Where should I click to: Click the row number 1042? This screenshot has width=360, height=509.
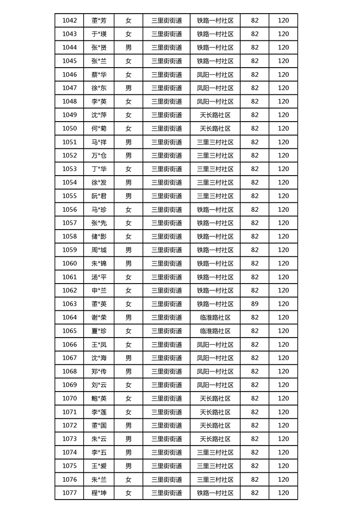point(69,20)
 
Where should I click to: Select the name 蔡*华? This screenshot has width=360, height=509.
point(99,74)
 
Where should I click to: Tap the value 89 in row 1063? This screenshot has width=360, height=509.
point(255,304)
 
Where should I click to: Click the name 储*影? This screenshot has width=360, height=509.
point(99,236)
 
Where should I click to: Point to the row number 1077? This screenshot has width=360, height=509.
point(69,493)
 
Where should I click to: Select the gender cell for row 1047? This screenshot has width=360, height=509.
point(128,88)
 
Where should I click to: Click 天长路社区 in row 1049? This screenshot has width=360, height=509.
point(215,115)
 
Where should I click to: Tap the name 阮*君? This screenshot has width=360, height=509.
point(99,196)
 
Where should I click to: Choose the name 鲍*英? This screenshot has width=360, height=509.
point(99,398)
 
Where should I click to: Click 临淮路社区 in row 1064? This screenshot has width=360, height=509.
point(215,318)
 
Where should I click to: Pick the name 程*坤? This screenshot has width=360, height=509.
point(99,493)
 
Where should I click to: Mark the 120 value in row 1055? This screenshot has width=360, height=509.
point(283,196)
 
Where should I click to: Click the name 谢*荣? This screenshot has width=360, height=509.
point(99,318)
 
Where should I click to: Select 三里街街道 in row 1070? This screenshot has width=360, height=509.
point(167,398)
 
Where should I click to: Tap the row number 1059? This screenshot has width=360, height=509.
point(69,250)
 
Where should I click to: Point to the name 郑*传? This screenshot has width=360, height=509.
point(99,372)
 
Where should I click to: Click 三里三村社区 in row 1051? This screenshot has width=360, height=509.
point(215,142)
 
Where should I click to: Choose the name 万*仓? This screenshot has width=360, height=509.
point(99,156)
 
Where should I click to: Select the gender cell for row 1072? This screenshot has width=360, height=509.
point(128,426)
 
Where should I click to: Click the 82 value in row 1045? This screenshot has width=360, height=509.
point(255,61)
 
